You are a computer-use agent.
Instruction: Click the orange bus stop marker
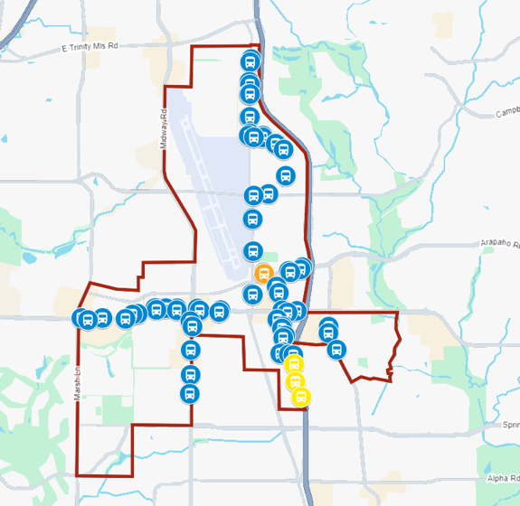coord(264,273)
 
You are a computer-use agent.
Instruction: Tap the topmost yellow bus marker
coord(293,364)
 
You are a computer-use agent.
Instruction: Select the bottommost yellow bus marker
coord(301,396)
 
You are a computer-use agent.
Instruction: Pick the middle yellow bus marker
coord(295,380)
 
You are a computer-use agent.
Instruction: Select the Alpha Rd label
coord(499,480)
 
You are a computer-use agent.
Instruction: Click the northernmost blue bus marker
coord(250,62)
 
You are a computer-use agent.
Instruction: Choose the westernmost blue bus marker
coord(82,317)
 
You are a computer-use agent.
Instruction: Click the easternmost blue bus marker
coord(336,348)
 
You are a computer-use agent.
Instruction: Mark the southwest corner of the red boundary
coord(77,475)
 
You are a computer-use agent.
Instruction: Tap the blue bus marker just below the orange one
coord(252,294)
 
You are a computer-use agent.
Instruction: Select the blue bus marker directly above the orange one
coord(252,251)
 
